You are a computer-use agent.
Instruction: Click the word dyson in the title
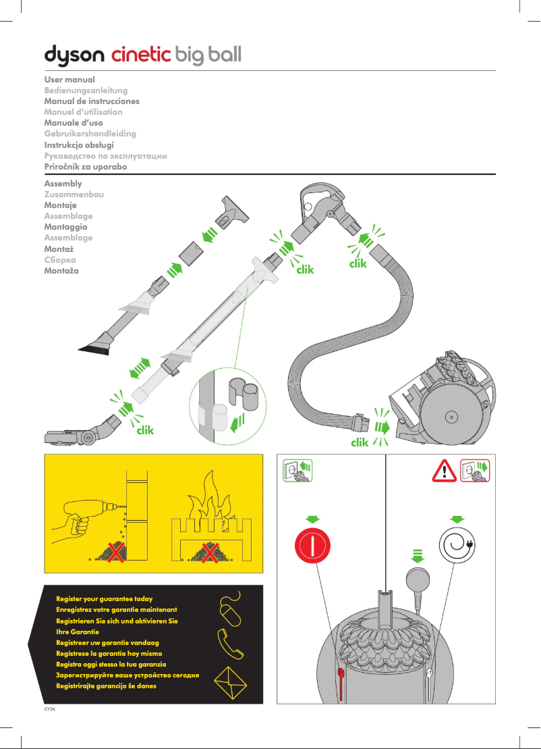pos(74,55)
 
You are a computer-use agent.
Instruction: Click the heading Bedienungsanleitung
pos(86,91)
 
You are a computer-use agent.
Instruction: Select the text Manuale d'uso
pos(74,123)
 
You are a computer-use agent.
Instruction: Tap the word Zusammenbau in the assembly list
pos(74,195)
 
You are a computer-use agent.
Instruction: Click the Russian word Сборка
pos(60,259)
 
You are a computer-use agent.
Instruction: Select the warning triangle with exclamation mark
pos(445,470)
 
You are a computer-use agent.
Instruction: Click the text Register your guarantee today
pos(104,599)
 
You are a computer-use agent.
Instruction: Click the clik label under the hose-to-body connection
pos(360,443)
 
